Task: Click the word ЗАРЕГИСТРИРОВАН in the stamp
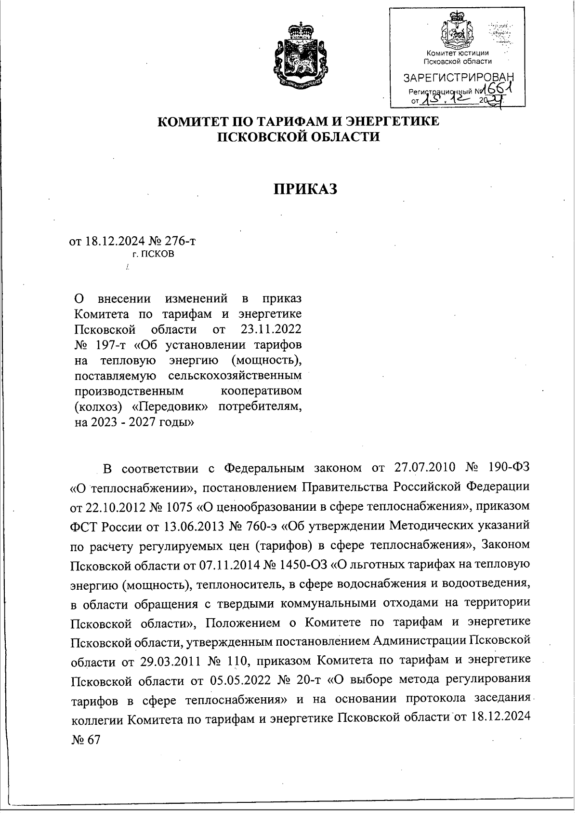458,78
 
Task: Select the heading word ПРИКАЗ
305,189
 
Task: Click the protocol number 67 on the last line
93,739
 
